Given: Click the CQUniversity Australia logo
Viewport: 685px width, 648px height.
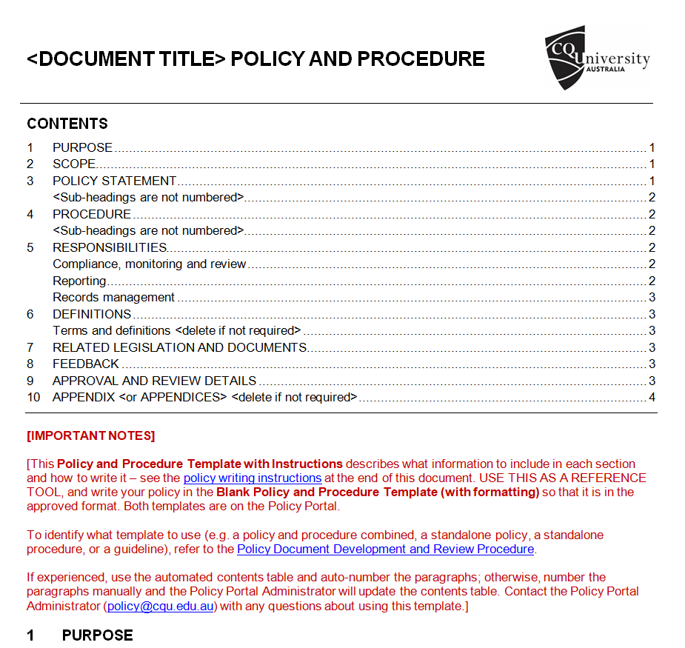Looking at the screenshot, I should pos(597,58).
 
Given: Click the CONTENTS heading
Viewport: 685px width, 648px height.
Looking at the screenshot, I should pos(67,124).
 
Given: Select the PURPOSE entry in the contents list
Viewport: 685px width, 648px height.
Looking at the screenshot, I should pos(82,147).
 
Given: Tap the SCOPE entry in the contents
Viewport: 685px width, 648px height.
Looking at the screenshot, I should pos(74,164).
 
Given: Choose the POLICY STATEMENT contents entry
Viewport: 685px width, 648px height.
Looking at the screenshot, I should pos(114,181).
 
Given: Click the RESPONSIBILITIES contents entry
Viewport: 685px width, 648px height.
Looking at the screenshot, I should pos(110,247).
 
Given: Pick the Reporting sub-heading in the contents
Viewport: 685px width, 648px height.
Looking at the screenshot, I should pos(79,281).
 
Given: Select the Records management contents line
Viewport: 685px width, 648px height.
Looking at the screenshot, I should pos(113,297).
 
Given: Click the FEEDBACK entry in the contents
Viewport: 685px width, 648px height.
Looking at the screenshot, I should pos(85,364).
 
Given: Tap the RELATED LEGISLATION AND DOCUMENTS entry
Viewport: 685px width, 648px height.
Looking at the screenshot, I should pos(179,347).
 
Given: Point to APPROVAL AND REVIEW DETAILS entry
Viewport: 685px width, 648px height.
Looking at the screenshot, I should pos(154,381).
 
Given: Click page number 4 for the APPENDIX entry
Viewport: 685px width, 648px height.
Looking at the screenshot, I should pos(652,397).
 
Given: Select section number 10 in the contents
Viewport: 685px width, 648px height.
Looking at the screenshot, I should pos(33,397).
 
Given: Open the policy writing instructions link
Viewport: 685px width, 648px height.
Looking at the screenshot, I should pos(253,478).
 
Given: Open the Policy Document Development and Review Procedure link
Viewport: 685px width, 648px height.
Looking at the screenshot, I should pos(385,549).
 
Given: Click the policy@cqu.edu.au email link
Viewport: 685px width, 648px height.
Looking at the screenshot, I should pos(161,606).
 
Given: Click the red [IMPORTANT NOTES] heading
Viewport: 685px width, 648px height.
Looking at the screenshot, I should pos(90,435).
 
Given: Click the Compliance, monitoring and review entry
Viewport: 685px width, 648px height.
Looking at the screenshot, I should pos(149,264).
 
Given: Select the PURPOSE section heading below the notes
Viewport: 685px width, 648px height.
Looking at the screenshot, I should pos(97,635).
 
